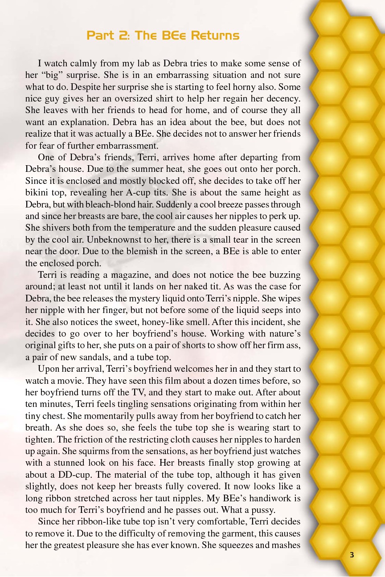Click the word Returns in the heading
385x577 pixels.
[216, 35]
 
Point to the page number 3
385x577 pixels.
[352, 555]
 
